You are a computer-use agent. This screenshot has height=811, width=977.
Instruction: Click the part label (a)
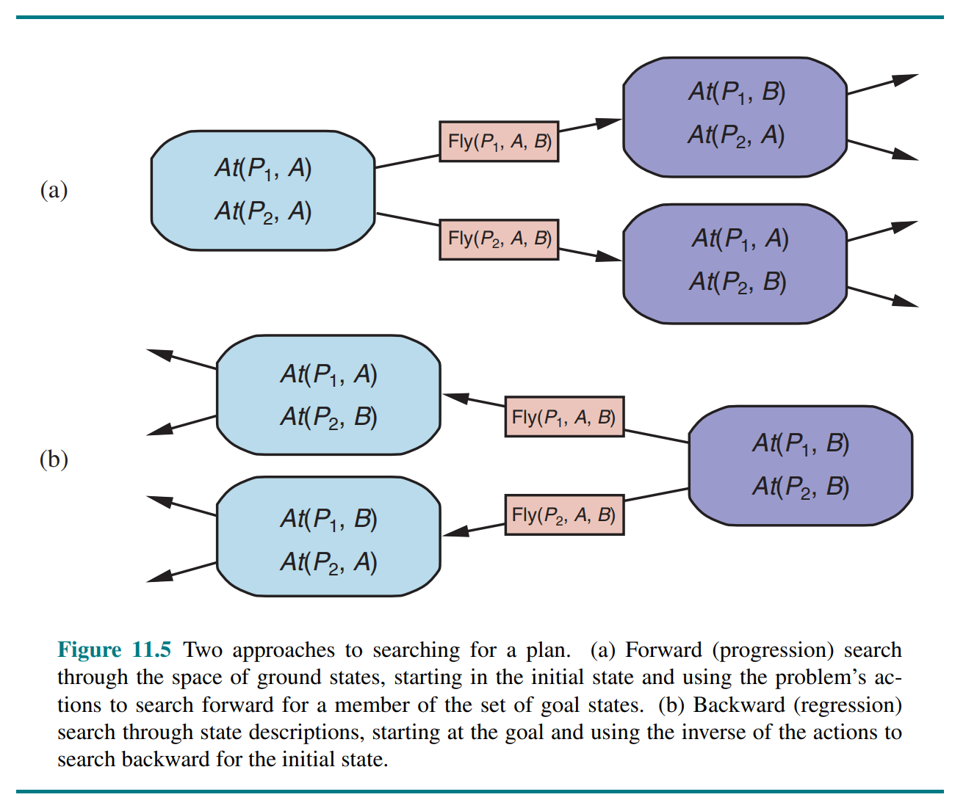pyautogui.click(x=54, y=191)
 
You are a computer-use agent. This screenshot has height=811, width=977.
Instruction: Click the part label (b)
pyautogui.click(x=54, y=459)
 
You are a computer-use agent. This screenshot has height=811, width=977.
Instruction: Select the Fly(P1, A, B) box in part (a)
pyautogui.click(x=499, y=142)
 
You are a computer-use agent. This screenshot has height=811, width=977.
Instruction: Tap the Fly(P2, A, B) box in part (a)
pyautogui.click(x=499, y=239)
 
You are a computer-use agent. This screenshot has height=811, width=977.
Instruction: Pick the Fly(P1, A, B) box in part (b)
pyautogui.click(x=564, y=417)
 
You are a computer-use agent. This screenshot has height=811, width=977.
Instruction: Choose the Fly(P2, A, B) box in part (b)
pyautogui.click(x=564, y=514)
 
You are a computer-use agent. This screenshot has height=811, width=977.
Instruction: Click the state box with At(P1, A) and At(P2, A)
pyautogui.click(x=263, y=191)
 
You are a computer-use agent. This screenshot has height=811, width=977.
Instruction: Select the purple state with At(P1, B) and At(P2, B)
pyautogui.click(x=800, y=465)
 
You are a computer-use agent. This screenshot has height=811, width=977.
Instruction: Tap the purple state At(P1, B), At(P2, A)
pyautogui.click(x=735, y=117)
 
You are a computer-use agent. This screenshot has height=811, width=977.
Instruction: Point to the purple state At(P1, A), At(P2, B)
pyautogui.click(x=735, y=263)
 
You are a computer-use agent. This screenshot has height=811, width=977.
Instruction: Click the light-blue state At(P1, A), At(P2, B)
pyautogui.click(x=328, y=396)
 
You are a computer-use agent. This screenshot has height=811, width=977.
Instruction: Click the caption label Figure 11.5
pyautogui.click(x=114, y=650)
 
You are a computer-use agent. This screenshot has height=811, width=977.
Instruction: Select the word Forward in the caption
pyautogui.click(x=663, y=650)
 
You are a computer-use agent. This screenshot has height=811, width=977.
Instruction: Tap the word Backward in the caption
pyautogui.click(x=739, y=705)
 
